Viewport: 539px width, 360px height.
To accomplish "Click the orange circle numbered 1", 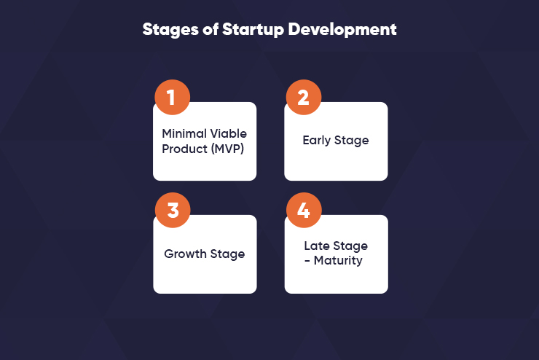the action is click(172, 98).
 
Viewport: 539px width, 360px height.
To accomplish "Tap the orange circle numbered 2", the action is click(304, 98).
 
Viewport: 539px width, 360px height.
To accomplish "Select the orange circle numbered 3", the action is click(173, 210).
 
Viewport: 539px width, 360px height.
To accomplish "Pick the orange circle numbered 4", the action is click(304, 210).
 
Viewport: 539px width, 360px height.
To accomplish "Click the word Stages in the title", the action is click(170, 30).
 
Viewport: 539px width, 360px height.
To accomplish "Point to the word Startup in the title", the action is click(253, 30).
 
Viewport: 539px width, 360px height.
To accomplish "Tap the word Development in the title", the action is click(342, 30).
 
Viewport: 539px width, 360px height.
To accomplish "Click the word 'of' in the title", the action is click(211, 29).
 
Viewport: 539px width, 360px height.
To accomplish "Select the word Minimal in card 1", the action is click(184, 133).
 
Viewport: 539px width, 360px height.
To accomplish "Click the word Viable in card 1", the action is click(228, 133).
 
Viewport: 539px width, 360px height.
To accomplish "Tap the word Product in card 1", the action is click(184, 149).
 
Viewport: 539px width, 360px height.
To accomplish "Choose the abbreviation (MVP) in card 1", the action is click(227, 149).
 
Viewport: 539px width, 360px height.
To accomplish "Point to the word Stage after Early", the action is click(352, 141).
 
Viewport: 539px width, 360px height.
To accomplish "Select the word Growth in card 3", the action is click(185, 254).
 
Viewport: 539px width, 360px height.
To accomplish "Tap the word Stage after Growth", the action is click(227, 254).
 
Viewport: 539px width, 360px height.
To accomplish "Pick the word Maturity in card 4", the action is click(338, 261).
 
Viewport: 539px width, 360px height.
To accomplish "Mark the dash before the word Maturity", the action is click(307, 262).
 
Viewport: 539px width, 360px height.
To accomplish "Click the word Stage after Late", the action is click(350, 246).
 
